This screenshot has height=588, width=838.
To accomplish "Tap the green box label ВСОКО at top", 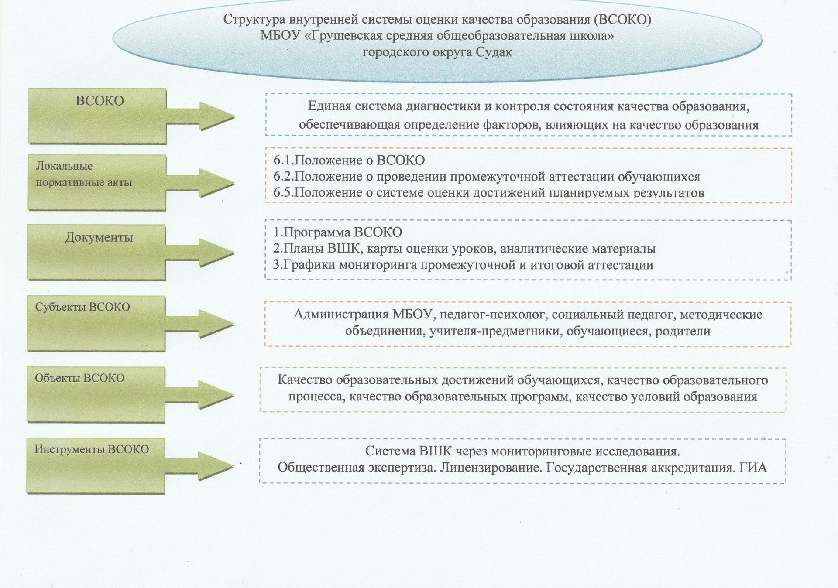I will pos(100,101).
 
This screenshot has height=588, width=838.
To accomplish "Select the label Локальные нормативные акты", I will pos(83,174).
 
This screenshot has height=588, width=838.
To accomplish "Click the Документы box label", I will pos(99,238).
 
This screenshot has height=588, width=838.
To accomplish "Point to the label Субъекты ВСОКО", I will pos(82,307).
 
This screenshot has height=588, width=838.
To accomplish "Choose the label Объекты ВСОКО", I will pos(79,378).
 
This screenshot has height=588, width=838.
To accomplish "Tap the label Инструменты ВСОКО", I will pos(92,449).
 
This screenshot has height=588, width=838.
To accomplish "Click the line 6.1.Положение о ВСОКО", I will pos(349,161).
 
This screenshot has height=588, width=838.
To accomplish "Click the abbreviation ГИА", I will pos(753,468).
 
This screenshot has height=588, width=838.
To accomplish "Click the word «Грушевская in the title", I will pos(349,36).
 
